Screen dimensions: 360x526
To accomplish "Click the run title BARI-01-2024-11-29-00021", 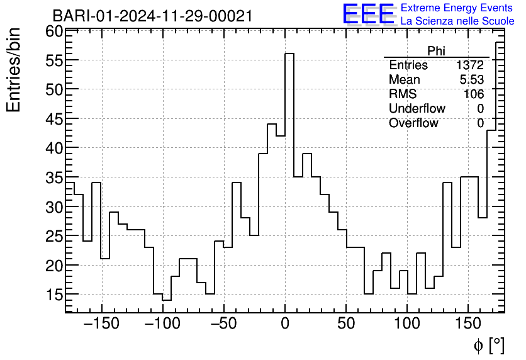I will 152,16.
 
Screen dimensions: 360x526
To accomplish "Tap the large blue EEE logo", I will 368,14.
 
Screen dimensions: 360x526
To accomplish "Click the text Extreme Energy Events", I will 457,8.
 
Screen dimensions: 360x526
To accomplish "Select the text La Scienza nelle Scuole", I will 457,21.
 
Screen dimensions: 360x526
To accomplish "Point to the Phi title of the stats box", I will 436,51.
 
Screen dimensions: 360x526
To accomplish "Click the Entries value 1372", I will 470,65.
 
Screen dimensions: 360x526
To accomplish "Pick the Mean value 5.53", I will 472,80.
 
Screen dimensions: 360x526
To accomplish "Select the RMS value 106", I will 473,94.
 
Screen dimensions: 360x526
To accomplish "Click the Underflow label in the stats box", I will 417,109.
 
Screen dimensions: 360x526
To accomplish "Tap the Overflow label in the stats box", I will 413,123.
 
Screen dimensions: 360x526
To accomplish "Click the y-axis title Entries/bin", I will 14,70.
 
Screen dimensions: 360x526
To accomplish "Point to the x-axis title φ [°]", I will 489,345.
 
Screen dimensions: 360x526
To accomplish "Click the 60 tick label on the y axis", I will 54,31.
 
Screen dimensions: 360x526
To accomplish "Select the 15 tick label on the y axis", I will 54,295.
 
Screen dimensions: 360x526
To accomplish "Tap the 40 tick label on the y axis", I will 54,148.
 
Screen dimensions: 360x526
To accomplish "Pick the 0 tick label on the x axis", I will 285,325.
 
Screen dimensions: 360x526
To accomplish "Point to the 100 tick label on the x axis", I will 407,325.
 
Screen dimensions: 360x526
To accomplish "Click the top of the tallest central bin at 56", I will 289,53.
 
